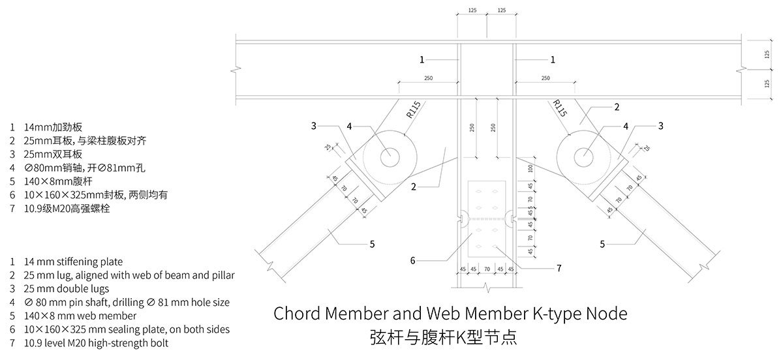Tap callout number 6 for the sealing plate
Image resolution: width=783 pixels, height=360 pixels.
click(x=412, y=261)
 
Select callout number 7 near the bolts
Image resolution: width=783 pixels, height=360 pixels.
click(x=559, y=267)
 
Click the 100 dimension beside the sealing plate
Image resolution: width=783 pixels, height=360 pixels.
click(x=530, y=169)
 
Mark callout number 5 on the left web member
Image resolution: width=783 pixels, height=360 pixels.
click(x=372, y=245)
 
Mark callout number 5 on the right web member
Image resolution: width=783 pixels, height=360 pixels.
click(x=602, y=245)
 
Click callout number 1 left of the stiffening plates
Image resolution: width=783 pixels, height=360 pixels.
click(x=422, y=59)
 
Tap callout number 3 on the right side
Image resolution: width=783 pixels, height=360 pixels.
click(x=660, y=126)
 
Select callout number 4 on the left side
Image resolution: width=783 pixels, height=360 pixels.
click(x=349, y=126)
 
